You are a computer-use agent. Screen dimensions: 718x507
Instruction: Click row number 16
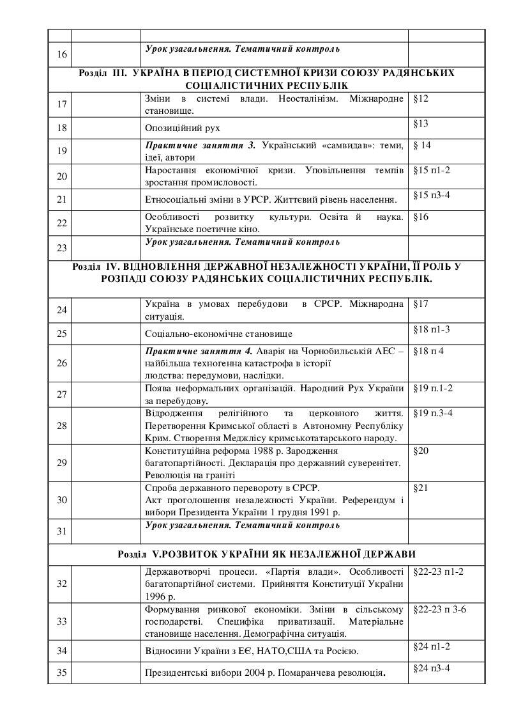(62, 54)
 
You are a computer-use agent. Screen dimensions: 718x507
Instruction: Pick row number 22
(62, 222)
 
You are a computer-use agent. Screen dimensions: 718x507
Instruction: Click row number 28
(62, 425)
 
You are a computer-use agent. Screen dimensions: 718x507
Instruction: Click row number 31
(62, 531)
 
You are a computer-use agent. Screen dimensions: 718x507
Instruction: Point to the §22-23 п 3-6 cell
(439, 609)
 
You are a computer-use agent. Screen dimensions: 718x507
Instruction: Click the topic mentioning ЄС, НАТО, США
(252, 652)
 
